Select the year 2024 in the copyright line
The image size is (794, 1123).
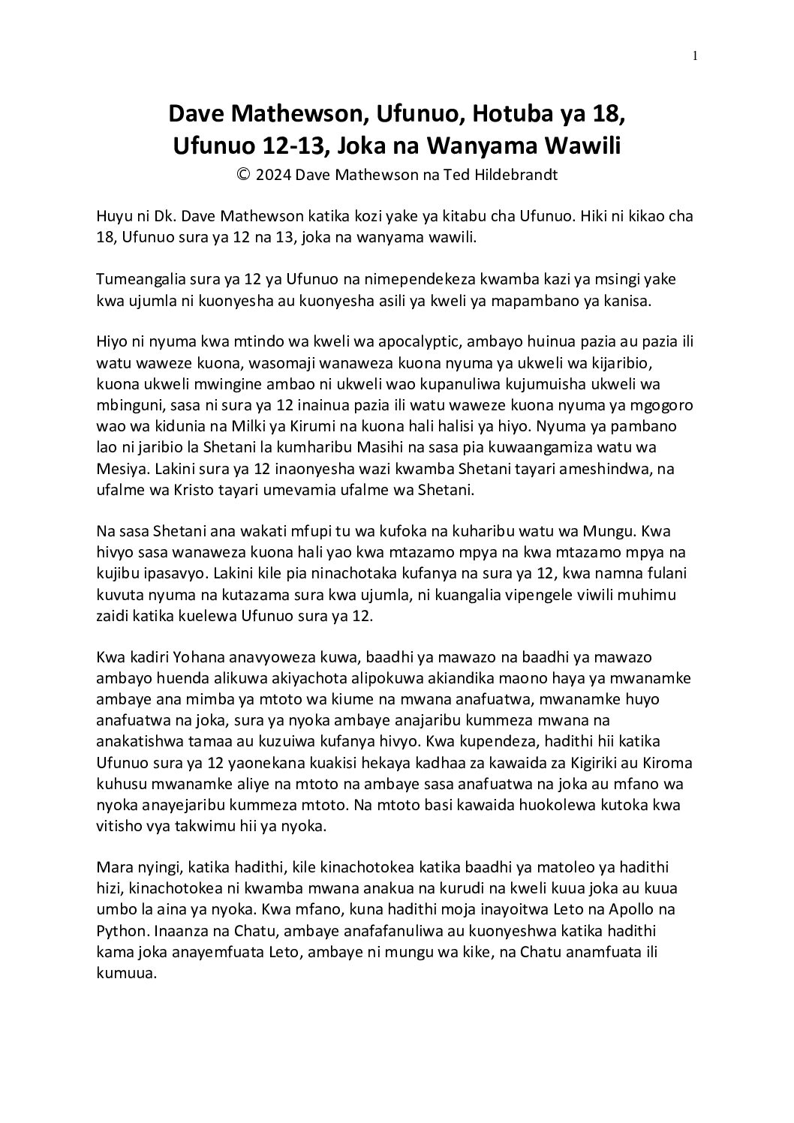pyautogui.click(x=274, y=175)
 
